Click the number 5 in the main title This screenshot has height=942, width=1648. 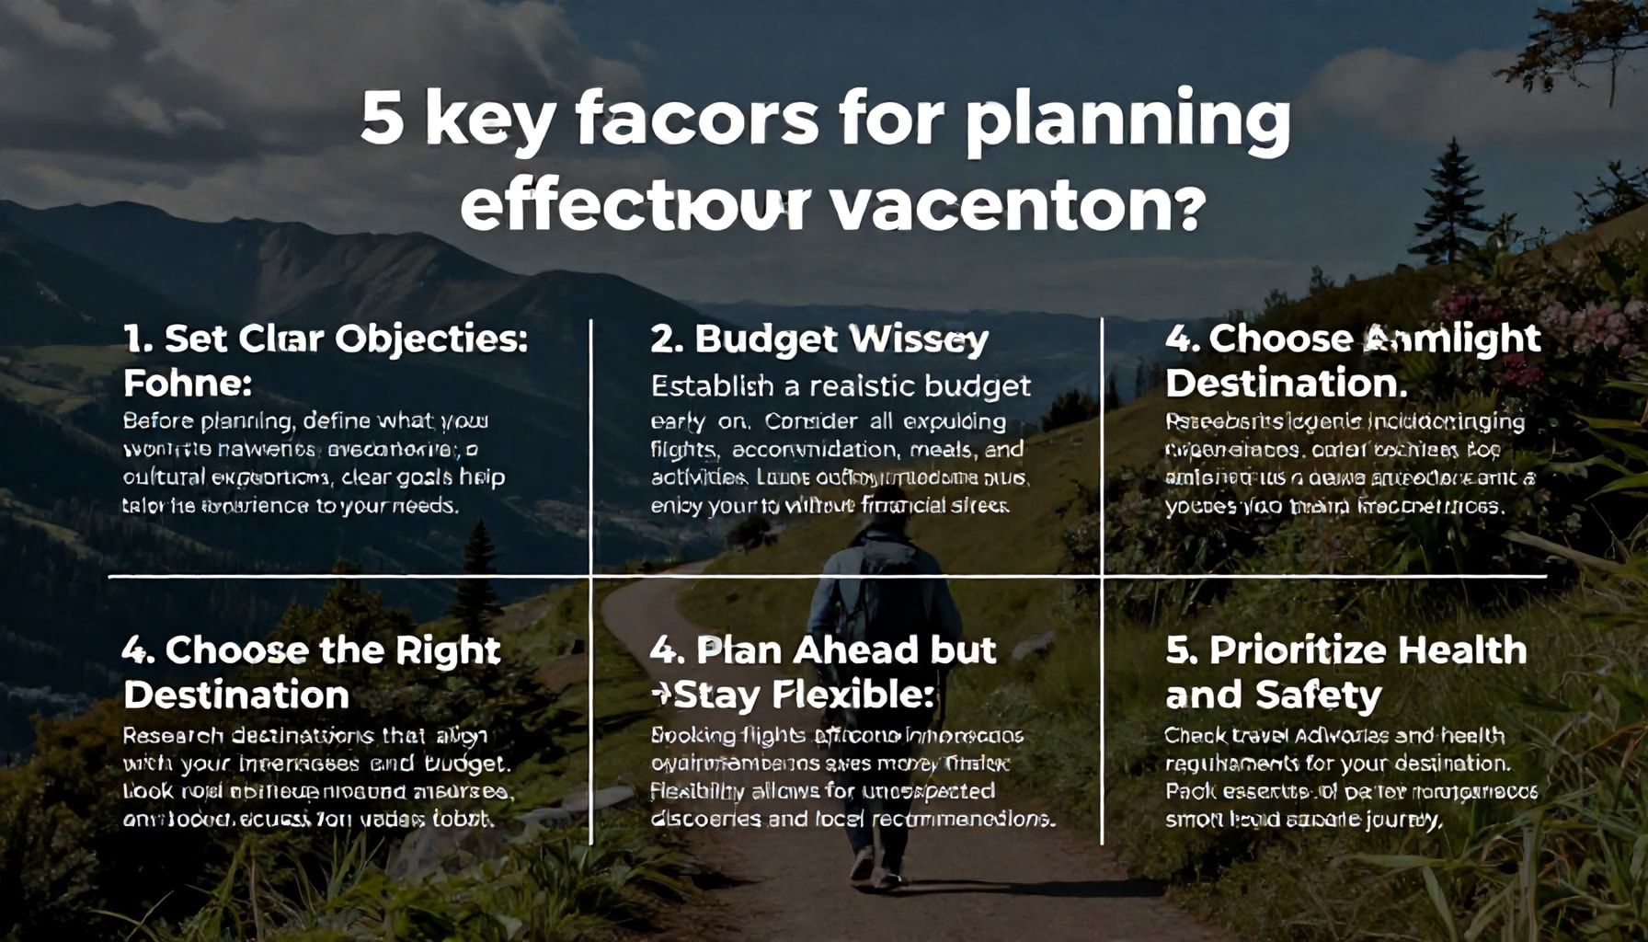click(x=381, y=120)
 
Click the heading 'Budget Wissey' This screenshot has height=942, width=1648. click(x=818, y=339)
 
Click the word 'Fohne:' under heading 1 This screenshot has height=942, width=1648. click(x=188, y=383)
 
